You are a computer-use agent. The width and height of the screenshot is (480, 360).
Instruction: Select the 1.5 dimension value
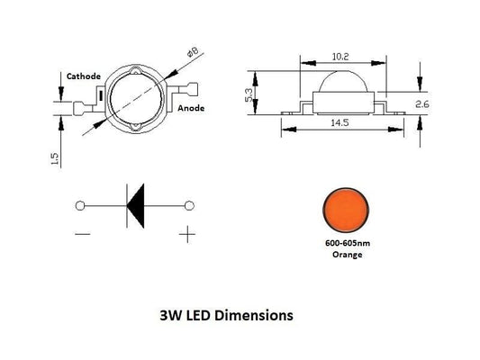[57, 159]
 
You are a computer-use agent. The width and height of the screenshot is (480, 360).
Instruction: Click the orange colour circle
[343, 209]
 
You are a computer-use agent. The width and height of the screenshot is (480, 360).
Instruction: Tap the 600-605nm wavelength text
[343, 245]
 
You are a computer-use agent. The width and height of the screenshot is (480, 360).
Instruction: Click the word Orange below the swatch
[343, 256]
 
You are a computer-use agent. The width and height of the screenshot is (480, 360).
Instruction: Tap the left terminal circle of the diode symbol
[80, 206]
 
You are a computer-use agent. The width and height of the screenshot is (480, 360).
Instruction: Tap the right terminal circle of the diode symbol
[190, 206]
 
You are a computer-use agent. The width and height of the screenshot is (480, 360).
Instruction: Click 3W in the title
[168, 317]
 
